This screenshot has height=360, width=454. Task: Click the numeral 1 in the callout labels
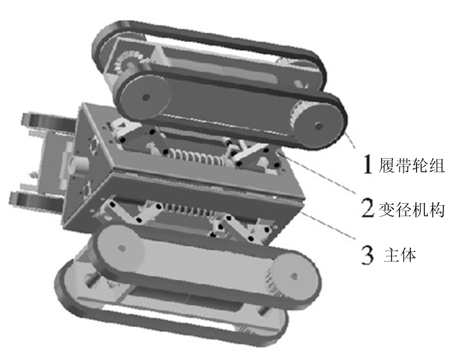[x=368, y=164]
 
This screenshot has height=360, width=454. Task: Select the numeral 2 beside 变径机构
[x=369, y=207]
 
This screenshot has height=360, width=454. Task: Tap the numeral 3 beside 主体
[x=368, y=254]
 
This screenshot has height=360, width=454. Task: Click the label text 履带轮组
[x=411, y=165]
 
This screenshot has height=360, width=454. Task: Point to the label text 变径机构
[x=411, y=209]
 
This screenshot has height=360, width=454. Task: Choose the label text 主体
[x=400, y=255]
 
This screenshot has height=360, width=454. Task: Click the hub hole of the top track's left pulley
[x=146, y=97]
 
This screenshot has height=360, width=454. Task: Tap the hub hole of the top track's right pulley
[x=319, y=126]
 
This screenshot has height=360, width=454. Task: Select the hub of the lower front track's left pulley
[x=122, y=248]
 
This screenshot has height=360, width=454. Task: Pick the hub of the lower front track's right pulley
[x=294, y=276]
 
